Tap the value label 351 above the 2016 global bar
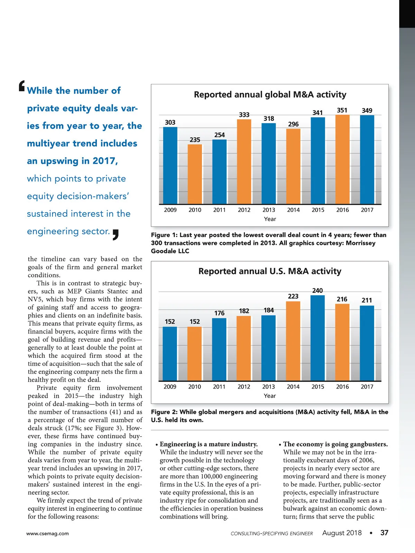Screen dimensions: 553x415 pyautogui.click(x=342, y=110)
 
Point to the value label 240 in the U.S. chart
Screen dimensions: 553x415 pyautogui.click(x=317, y=291)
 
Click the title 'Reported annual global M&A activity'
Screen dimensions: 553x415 pyautogui.click(x=270, y=95)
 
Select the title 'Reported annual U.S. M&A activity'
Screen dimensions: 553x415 pyautogui.click(x=270, y=271)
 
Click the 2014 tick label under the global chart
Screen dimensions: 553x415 pyautogui.click(x=293, y=210)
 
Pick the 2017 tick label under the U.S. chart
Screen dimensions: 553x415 pyautogui.click(x=367, y=387)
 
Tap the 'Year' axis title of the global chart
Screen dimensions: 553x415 pyautogui.click(x=270, y=219)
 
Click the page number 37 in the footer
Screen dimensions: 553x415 pyautogui.click(x=384, y=533)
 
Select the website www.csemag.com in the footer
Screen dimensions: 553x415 pyautogui.click(x=47, y=534)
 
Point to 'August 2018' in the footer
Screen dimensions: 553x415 pyautogui.click(x=342, y=533)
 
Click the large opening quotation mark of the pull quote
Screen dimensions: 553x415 pyautogui.click(x=22, y=86)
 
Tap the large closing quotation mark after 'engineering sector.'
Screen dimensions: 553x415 pyautogui.click(x=116, y=234)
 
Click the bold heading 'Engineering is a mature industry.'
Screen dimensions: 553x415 pyautogui.click(x=209, y=444)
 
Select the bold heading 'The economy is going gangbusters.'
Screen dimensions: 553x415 pyautogui.click(x=335, y=444)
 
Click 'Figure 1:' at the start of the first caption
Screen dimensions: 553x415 pyautogui.click(x=164, y=235)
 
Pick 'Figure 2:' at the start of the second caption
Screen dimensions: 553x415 pyautogui.click(x=164, y=412)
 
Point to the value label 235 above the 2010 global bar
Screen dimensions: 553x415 pyautogui.click(x=195, y=140)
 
